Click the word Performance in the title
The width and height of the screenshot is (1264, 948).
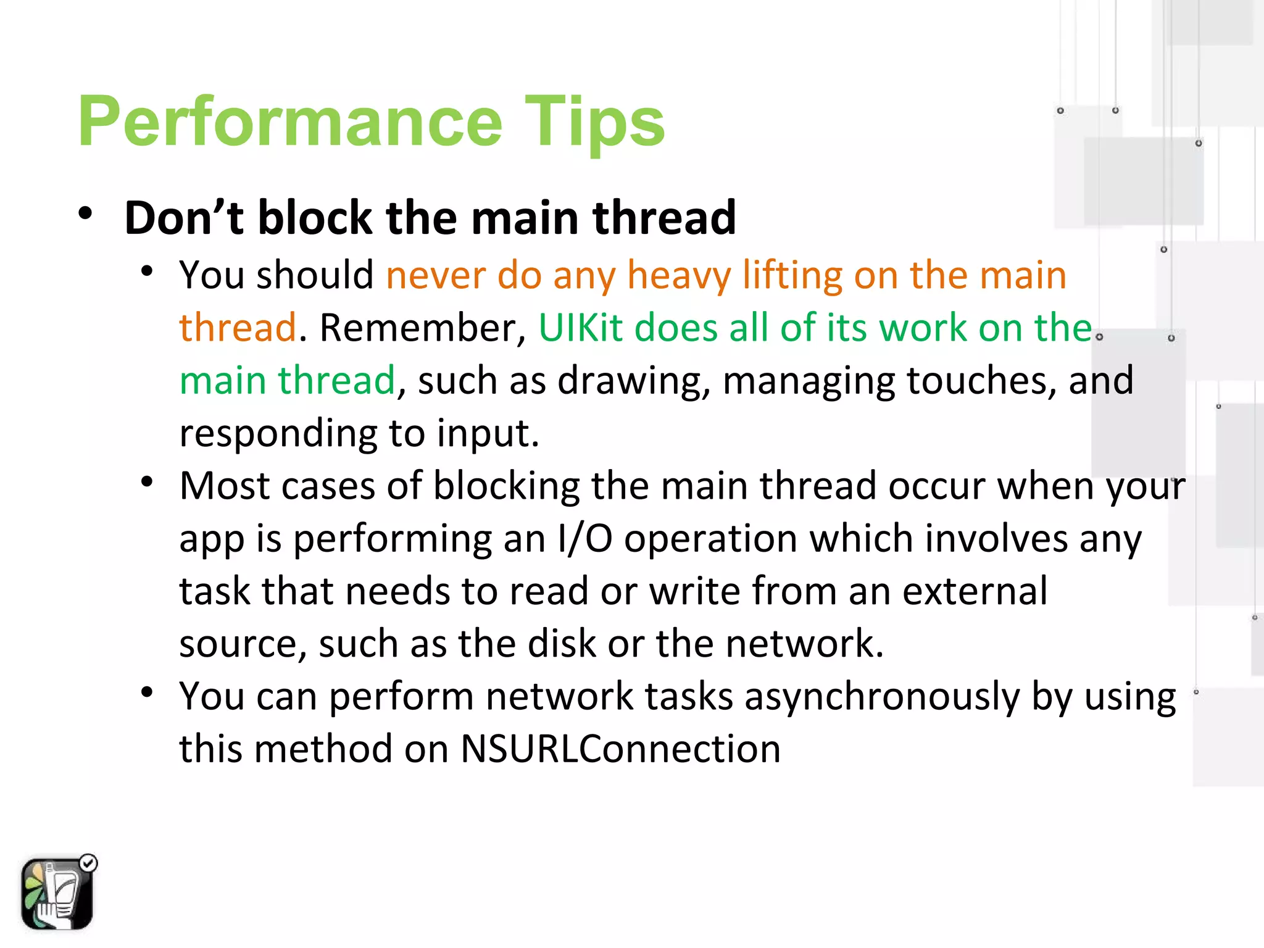290,122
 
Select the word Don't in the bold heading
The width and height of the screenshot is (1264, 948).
184,218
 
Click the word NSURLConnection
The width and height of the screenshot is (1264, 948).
620,749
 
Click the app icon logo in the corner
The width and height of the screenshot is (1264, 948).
57,894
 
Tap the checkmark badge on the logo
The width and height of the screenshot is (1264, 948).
89,863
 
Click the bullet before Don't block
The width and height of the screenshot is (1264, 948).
86,214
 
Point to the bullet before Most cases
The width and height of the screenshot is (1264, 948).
146,481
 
